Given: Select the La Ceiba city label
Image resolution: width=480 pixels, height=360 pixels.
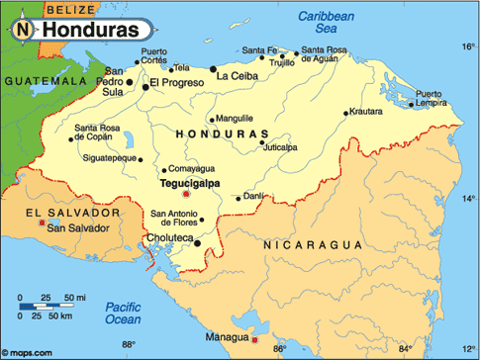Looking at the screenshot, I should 239,75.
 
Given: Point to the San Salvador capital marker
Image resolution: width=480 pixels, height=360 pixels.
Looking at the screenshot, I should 42,224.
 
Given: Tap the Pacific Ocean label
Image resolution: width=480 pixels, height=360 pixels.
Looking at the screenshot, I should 125,312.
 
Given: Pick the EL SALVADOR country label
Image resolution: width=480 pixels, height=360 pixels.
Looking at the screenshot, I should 73,213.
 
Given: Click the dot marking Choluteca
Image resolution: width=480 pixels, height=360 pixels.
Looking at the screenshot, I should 197,242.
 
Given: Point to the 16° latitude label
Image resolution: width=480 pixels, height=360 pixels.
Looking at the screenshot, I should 467,46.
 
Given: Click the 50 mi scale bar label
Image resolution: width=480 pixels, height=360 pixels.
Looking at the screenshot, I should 74,297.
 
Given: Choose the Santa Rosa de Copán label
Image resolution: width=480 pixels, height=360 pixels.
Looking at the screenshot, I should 98,131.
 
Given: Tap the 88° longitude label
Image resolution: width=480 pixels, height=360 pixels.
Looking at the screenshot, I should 127,345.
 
